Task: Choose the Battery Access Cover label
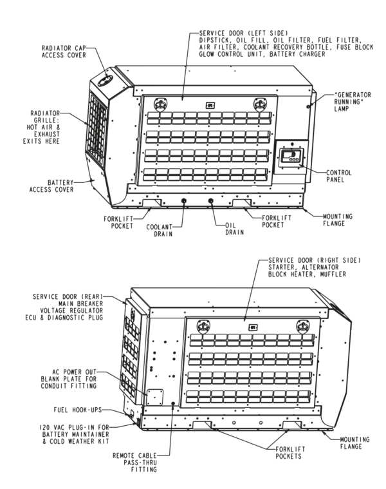(x=51, y=186)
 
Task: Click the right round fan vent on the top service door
(x=260, y=102)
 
